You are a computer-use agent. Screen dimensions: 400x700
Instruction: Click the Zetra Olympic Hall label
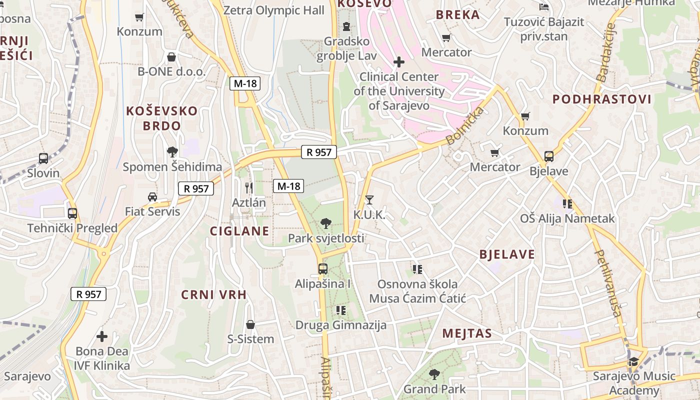click(274, 10)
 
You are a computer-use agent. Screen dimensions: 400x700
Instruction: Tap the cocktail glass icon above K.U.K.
click(369, 200)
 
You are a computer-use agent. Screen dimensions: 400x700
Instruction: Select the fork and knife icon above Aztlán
click(249, 187)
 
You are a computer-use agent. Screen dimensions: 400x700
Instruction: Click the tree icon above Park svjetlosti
click(326, 223)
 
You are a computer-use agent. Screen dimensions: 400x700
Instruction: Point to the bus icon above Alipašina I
click(323, 268)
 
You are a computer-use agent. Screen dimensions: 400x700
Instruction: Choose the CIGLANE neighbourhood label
click(239, 231)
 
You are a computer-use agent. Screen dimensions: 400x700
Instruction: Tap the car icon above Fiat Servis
click(152, 196)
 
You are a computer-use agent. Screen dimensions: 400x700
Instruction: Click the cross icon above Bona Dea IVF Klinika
click(102, 336)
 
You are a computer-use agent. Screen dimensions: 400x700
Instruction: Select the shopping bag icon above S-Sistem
click(250, 324)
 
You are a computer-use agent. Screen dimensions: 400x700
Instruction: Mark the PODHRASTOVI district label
click(602, 99)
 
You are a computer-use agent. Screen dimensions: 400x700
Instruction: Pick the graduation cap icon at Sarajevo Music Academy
click(633, 361)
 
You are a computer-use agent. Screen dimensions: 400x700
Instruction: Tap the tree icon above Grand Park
click(434, 374)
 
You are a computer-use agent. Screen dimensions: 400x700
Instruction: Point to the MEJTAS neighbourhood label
click(467, 333)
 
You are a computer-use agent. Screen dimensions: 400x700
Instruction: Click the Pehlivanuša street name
click(608, 283)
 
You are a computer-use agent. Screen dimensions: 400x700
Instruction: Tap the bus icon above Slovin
click(43, 158)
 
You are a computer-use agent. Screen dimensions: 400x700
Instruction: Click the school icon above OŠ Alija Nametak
click(567, 203)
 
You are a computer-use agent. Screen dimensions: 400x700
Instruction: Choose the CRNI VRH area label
click(214, 294)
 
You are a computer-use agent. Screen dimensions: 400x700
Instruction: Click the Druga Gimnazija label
click(341, 325)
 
